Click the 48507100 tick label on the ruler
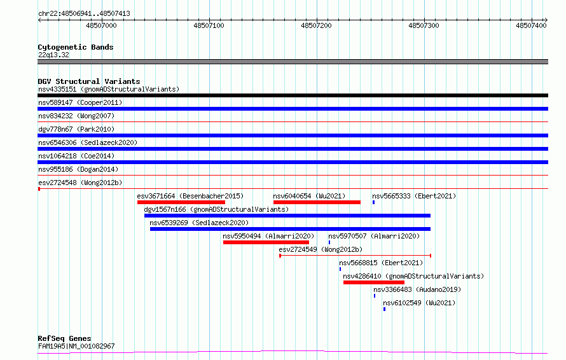pos(209,25)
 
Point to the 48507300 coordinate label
pos(424,25)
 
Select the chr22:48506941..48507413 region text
pos(84,14)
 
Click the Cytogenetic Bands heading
pos(76,47)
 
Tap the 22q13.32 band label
pos(53,55)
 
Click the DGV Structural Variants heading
pos(89,81)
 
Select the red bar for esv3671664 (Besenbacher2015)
pos(181,202)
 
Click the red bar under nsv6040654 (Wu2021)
pos(317,202)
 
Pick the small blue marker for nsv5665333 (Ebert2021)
pos(373,202)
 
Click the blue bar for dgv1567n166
pos(287,216)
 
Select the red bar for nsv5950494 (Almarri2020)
pos(266,242)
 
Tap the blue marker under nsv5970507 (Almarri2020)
pos(329,242)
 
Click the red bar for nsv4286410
pos(374,282)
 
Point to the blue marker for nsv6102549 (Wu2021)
pos(384,309)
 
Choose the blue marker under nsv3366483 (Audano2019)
pos(375,296)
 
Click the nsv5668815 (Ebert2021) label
pos(381,263)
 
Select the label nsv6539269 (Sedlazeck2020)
pos(199,223)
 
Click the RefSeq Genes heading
pos(65,338)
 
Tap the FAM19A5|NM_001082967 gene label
pos(76,346)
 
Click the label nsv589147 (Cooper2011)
pos(80,102)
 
